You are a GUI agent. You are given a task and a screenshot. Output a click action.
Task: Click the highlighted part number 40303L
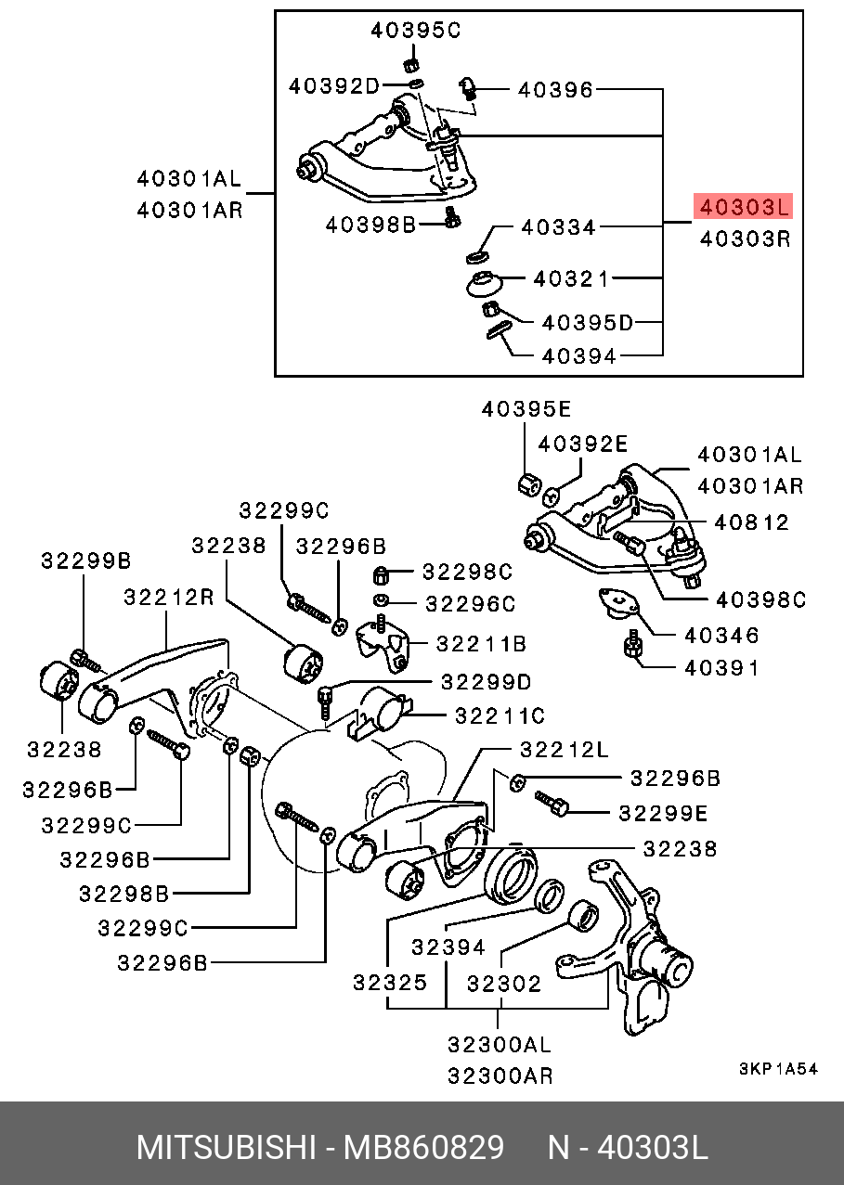[x=743, y=206]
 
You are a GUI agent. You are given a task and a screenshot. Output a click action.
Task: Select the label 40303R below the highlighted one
[x=745, y=238]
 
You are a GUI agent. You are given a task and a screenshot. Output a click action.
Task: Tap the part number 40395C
[x=415, y=31]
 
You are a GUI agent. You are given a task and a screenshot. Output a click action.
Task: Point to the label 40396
[x=555, y=90]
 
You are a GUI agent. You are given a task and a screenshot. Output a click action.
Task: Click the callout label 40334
[x=559, y=226]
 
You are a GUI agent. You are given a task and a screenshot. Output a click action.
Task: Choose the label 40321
[x=571, y=278]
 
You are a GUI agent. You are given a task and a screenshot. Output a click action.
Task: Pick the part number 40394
[x=578, y=355]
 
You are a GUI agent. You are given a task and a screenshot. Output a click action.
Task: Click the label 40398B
[x=370, y=225]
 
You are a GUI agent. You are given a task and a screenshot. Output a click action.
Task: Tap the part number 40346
[x=721, y=636]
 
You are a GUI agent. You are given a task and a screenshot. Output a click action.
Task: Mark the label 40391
[x=721, y=667]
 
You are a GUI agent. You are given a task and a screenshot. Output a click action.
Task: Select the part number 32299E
[x=663, y=813]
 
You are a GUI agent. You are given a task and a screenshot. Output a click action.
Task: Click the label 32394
[x=448, y=947]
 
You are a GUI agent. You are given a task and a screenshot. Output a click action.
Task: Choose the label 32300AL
[x=499, y=1044]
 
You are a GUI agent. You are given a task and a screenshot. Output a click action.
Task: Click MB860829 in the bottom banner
[x=424, y=1148]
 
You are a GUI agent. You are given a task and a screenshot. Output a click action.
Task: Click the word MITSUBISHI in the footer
[x=226, y=1148]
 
